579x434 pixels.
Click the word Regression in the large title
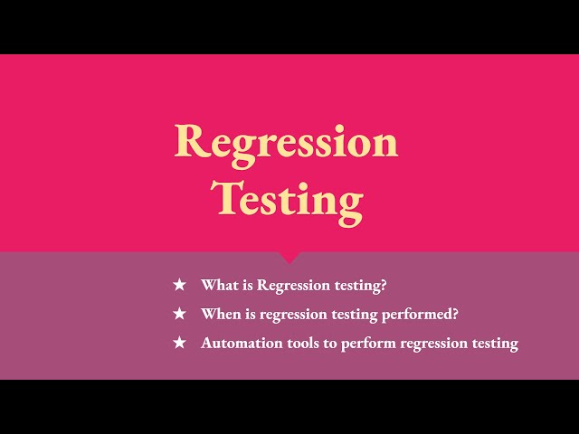pyautogui.click(x=286, y=142)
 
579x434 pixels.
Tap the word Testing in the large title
pyautogui.click(x=287, y=197)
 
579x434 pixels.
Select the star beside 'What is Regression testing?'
pyautogui.click(x=179, y=285)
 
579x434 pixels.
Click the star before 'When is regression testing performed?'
pyautogui.click(x=179, y=314)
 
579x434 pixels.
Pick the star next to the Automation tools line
pyautogui.click(x=179, y=343)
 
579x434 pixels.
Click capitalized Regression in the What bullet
pyautogui.click(x=294, y=286)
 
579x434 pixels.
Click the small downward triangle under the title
pyautogui.click(x=289, y=258)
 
